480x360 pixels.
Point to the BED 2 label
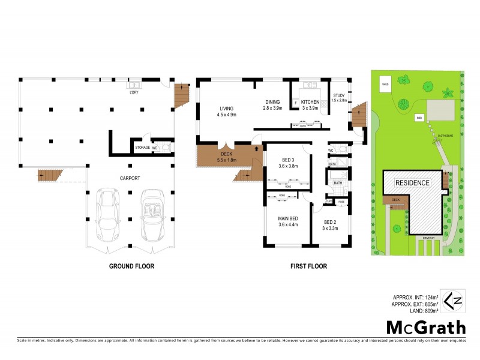[330, 222]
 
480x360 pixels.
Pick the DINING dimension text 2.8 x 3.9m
[273, 108]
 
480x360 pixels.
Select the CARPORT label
[130, 178]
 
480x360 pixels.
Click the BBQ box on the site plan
[418, 118]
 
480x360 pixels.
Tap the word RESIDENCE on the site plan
[412, 182]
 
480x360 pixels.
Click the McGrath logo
[425, 327]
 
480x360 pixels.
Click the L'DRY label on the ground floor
[134, 92]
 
